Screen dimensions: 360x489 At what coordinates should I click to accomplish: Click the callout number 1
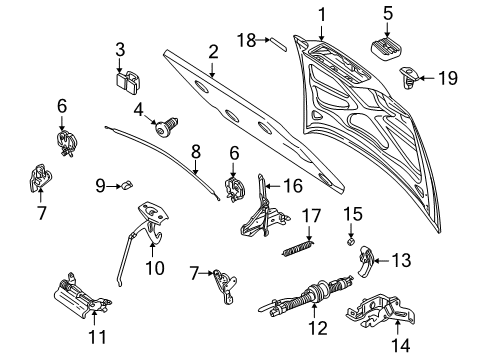(x=322, y=15)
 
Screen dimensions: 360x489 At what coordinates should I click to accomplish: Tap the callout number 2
(x=212, y=51)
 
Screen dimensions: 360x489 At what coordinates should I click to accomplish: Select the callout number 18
(x=245, y=39)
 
